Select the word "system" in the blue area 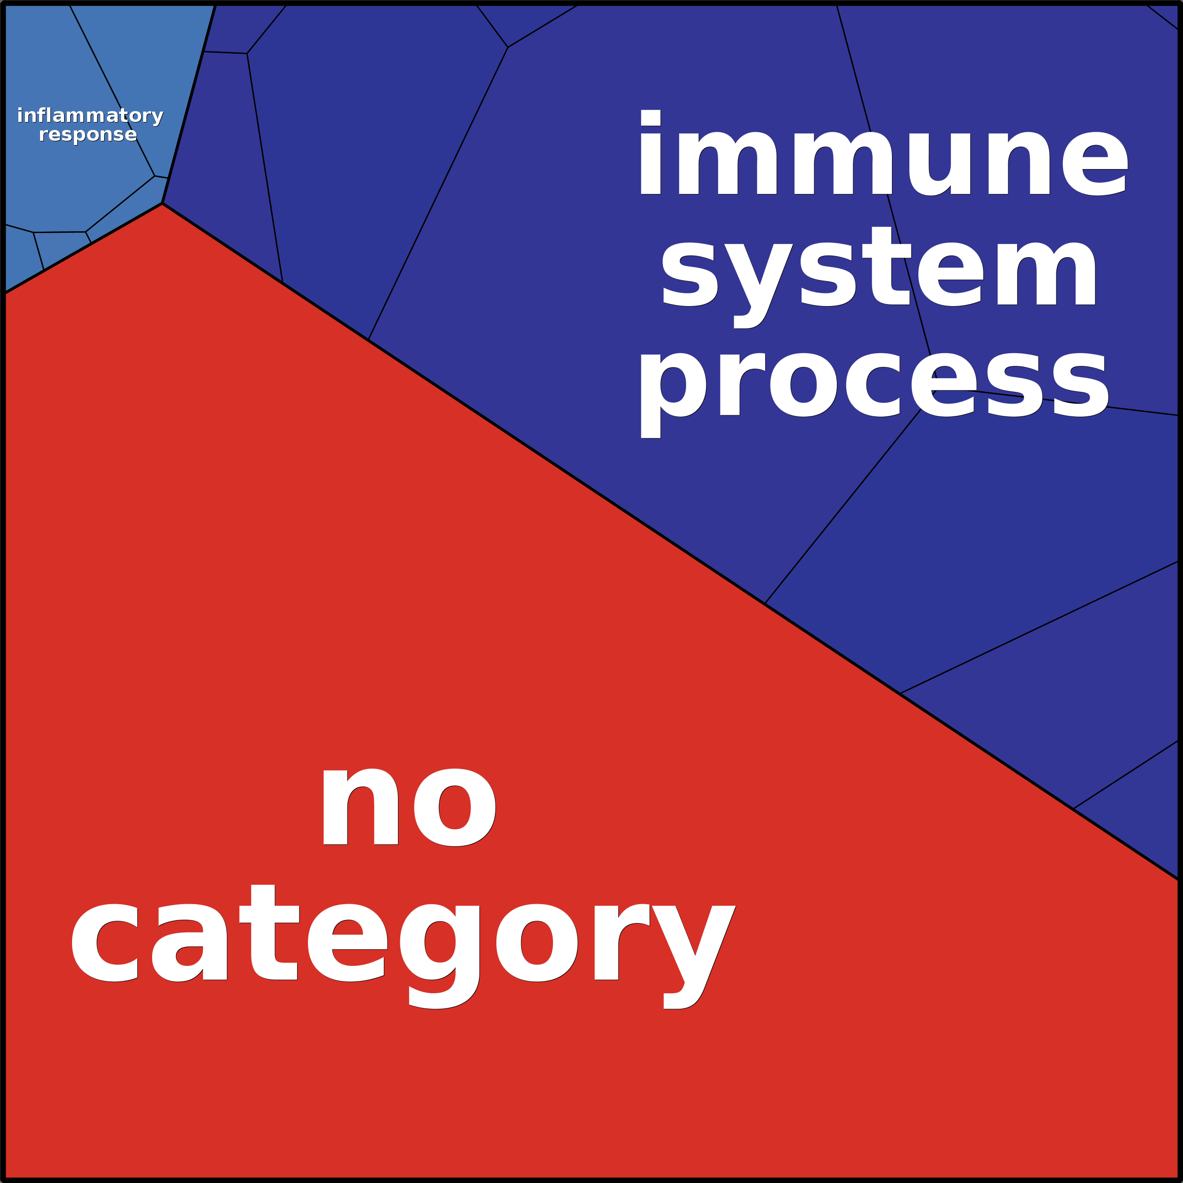(x=879, y=269)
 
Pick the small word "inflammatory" (x=90, y=116)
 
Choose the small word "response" (x=88, y=134)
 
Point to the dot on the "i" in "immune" (x=650, y=118)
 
